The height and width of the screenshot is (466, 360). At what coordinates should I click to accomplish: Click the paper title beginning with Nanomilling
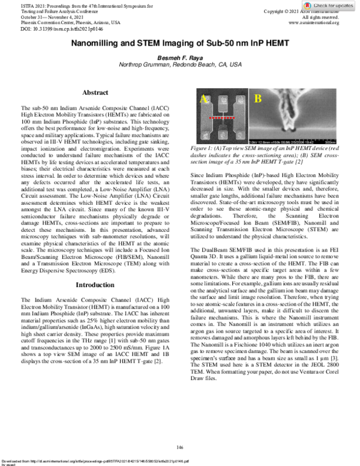pyautogui.click(x=179, y=44)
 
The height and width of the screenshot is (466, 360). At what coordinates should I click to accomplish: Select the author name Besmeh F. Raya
pyautogui.click(x=179, y=57)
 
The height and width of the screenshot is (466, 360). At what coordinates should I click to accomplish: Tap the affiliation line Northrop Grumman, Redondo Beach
pyautogui.click(x=179, y=64)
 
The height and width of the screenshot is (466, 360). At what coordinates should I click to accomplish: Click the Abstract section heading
pyautogui.click(x=95, y=93)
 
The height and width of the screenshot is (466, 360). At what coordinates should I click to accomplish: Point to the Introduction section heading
pyautogui.click(x=95, y=284)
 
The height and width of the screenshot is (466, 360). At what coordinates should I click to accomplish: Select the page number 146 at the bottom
pyautogui.click(x=179, y=447)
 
